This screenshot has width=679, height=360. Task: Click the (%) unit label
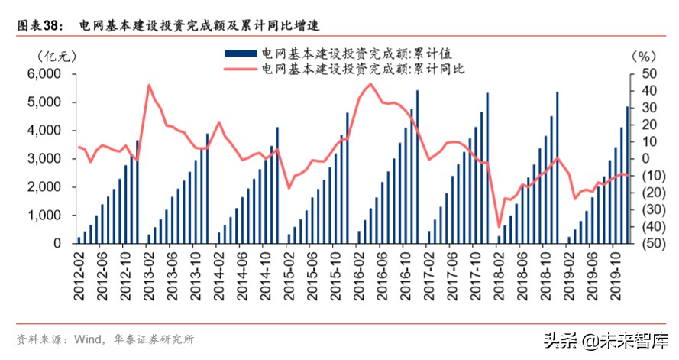pos(643,56)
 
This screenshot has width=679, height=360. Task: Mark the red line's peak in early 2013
pos(149,85)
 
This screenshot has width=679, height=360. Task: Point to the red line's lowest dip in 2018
pos(500,226)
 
